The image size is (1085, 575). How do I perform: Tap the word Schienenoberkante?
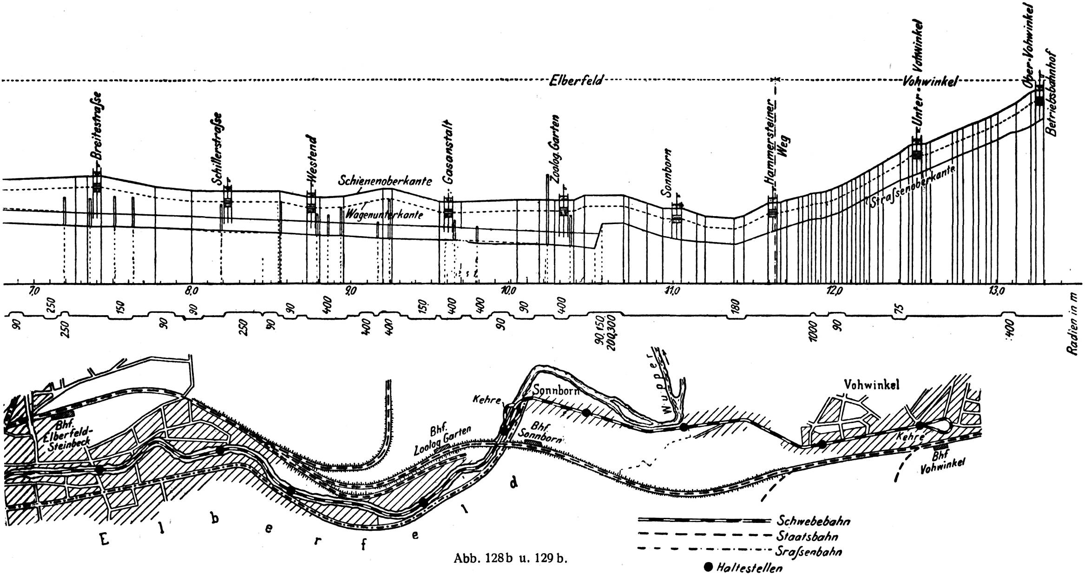[385, 181]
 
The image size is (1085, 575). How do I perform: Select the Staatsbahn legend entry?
[807, 536]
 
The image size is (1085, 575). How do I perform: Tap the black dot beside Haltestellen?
[709, 567]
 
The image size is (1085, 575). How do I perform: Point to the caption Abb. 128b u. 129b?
[511, 559]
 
